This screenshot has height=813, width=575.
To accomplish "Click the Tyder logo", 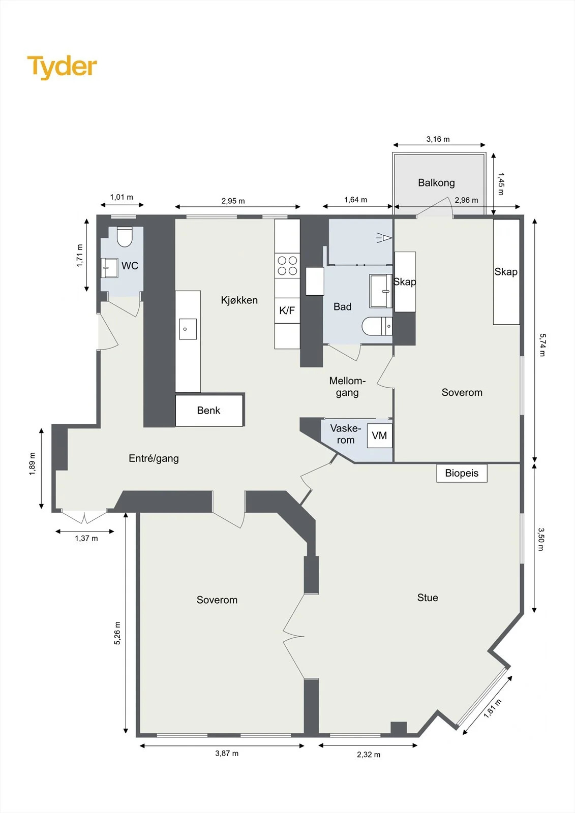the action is click(x=62, y=67).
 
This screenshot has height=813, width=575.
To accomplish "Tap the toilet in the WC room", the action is click(x=125, y=237).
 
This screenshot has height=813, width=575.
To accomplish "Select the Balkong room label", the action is click(x=436, y=182).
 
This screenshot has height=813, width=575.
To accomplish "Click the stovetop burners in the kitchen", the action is click(x=287, y=265).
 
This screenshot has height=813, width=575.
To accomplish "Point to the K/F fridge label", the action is click(x=287, y=310).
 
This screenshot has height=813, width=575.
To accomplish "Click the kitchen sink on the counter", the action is click(x=188, y=329).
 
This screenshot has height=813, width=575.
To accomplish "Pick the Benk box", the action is click(x=209, y=410).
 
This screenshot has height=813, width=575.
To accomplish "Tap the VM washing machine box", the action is click(x=380, y=435).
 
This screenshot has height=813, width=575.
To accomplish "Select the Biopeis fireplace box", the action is click(x=462, y=473).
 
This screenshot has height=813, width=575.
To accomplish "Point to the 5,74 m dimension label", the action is click(x=542, y=345).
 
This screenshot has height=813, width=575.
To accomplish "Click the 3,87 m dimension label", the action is click(x=227, y=753).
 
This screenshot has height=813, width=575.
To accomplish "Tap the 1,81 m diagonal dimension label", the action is click(x=493, y=708).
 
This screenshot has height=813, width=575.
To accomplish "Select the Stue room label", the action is click(x=428, y=598).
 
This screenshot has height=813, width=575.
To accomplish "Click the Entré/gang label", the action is click(x=154, y=458).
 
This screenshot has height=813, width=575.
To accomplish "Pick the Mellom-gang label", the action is click(x=347, y=387).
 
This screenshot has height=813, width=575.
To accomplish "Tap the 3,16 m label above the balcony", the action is click(x=438, y=139).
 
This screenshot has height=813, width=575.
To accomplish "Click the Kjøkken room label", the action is click(x=239, y=300).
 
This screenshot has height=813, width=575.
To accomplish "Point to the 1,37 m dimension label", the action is click(x=86, y=538).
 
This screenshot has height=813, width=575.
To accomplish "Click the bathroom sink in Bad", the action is click(x=380, y=291).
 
